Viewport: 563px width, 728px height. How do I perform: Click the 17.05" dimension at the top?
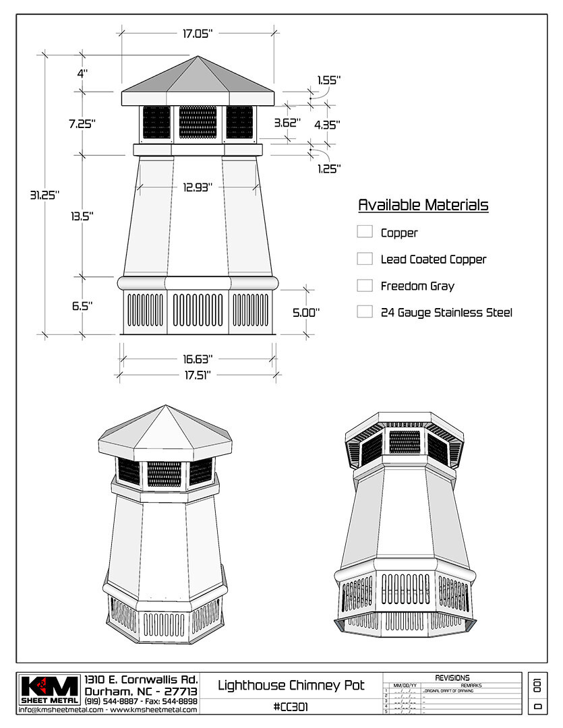(x=197, y=33)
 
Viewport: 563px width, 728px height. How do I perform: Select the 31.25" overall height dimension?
(x=45, y=195)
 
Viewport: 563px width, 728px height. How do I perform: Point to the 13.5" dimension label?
(x=82, y=216)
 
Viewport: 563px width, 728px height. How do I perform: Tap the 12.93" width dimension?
(x=198, y=187)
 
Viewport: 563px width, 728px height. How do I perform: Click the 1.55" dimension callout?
(x=328, y=80)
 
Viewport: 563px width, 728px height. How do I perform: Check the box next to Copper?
(x=365, y=232)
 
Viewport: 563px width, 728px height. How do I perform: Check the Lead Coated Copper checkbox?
(x=365, y=259)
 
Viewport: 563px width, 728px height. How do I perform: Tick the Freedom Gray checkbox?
(x=365, y=286)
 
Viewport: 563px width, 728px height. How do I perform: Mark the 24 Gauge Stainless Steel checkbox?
(x=365, y=312)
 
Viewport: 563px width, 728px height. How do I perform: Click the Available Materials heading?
(x=423, y=205)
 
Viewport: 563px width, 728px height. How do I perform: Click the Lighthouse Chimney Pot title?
(x=291, y=686)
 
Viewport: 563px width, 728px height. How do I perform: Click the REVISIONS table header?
(x=452, y=677)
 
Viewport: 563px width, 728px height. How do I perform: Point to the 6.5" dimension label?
(x=82, y=305)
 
